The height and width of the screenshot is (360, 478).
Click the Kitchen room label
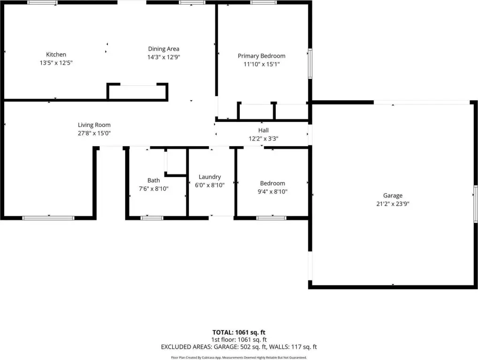56,54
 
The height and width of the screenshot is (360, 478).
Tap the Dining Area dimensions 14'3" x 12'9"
164,57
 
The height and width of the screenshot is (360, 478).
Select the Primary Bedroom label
262,56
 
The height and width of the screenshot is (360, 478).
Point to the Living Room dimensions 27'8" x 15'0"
94,133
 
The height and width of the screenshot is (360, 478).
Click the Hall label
263,130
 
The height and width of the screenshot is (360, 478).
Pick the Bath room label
154,180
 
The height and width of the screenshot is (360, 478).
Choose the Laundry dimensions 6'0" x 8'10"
210,185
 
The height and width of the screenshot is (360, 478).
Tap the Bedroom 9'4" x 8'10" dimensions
273,192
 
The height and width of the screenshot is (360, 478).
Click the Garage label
393,195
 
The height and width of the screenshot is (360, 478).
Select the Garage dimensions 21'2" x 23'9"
393,204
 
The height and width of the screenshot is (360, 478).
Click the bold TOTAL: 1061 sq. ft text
239,332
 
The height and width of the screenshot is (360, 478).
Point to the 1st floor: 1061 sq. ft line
239,339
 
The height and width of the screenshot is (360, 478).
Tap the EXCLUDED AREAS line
239,347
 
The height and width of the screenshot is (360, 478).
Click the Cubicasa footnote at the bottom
239,358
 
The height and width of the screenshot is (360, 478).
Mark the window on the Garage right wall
475,203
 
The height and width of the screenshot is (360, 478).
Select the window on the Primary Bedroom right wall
310,63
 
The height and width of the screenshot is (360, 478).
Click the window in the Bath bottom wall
152,218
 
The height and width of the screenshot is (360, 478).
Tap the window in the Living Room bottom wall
48,218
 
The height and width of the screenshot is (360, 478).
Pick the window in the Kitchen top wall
42,2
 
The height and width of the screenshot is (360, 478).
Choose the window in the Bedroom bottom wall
271,218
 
